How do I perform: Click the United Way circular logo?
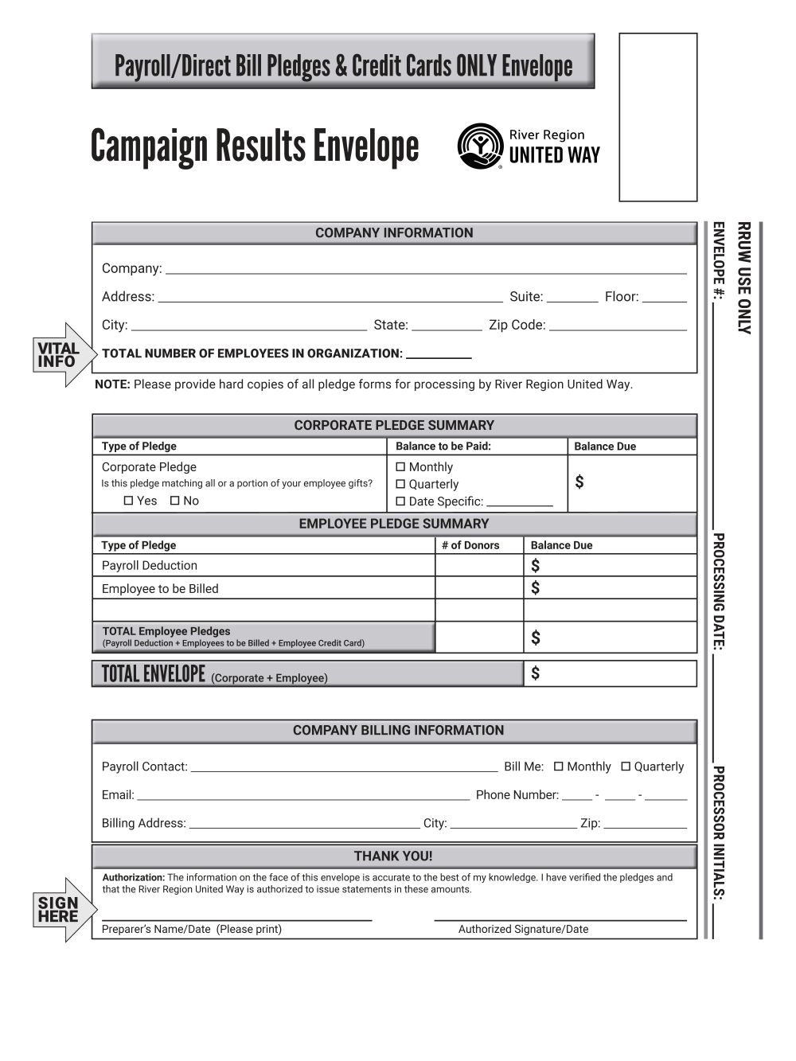pos(480,146)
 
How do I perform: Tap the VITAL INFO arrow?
pos(62,354)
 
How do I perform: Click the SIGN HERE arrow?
pos(62,909)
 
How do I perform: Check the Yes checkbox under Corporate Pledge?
pos(129,501)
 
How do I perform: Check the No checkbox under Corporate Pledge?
pos(175,501)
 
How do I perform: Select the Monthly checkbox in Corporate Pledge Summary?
pos(400,467)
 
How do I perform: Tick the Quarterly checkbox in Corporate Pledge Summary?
pos(400,484)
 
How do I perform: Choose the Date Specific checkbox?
pos(400,501)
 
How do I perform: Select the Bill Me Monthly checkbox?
pos(559,766)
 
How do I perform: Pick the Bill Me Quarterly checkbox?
pos(626,766)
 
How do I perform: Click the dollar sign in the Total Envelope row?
pos(535,673)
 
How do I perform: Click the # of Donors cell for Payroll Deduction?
pos(478,565)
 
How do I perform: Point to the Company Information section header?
pos(394,233)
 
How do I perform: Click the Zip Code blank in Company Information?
pos(618,326)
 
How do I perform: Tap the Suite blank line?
pos(572,298)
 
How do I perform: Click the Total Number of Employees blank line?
pos(439,355)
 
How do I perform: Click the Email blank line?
pos(302,795)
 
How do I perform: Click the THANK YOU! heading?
pos(394,856)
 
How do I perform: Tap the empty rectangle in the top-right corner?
pos(657,117)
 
